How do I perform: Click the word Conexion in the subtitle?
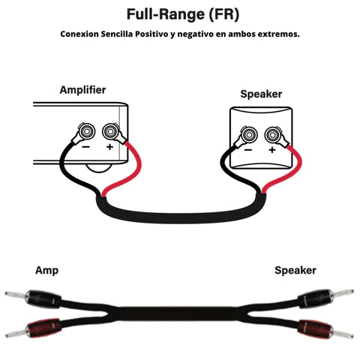[80, 34]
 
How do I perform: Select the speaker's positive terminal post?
[272, 136]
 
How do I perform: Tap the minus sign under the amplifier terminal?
[87, 148]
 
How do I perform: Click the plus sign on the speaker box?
[271, 151]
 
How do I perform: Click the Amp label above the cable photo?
[46, 270]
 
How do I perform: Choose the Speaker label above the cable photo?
[295, 270]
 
